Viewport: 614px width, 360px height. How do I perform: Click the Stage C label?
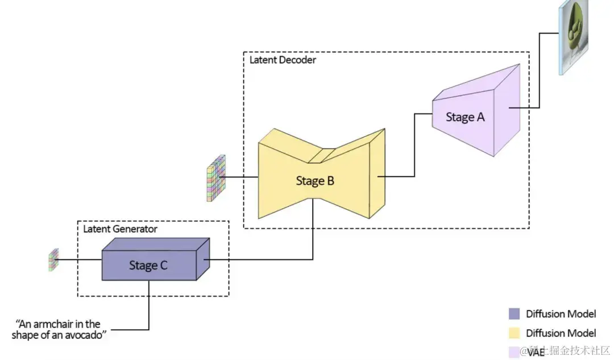(x=148, y=265)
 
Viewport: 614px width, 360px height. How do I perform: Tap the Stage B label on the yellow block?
(x=315, y=181)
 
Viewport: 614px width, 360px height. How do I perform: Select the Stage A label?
(x=465, y=117)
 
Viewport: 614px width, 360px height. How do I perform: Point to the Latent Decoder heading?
(x=283, y=60)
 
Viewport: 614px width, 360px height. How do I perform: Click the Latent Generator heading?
(x=120, y=229)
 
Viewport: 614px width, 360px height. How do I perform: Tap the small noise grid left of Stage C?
(x=53, y=259)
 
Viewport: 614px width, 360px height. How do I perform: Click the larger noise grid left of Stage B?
(x=214, y=177)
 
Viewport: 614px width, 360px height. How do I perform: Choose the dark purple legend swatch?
(x=514, y=314)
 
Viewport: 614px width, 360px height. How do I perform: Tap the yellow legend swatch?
(x=514, y=333)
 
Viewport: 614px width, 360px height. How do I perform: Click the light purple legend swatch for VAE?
(x=514, y=351)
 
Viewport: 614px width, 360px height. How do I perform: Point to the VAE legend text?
(x=536, y=352)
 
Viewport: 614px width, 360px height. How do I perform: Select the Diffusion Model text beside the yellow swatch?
(x=561, y=333)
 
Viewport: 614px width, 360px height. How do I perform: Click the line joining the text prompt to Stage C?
(x=149, y=307)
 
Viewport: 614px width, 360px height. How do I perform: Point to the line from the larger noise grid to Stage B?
(x=242, y=177)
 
